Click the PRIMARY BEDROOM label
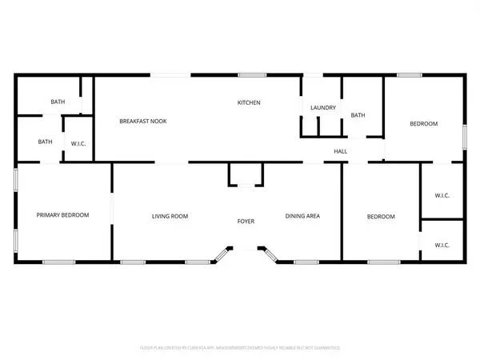(x=62, y=215)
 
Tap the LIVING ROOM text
(x=170, y=216)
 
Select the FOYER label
(x=245, y=221)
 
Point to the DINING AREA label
(x=303, y=216)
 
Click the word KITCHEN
(x=249, y=102)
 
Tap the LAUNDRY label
(x=323, y=107)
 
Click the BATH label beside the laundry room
(x=358, y=115)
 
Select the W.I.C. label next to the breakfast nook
(x=78, y=144)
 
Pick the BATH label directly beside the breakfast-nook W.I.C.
(x=46, y=142)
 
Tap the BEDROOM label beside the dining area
(x=381, y=216)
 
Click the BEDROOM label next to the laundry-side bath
(x=424, y=123)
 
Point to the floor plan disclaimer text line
(x=240, y=348)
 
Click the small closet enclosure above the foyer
(x=245, y=174)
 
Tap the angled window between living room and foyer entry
(x=218, y=256)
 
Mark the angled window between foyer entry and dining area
(x=271, y=256)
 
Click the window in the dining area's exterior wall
(x=306, y=262)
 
